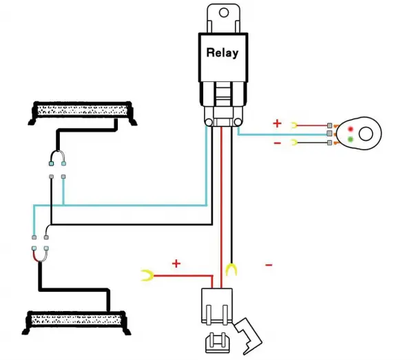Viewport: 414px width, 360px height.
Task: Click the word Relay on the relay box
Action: click(222, 52)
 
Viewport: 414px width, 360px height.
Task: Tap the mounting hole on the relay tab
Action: click(224, 12)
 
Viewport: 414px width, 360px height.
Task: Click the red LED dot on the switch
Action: click(351, 129)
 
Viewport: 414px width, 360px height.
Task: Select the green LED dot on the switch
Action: click(351, 139)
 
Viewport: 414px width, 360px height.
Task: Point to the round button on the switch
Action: click(366, 134)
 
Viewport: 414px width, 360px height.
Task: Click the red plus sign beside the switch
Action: click(277, 123)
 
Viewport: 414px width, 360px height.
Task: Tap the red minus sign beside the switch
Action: click(277, 143)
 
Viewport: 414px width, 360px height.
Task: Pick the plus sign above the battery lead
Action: click(176, 263)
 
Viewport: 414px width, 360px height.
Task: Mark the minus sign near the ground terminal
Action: click(269, 265)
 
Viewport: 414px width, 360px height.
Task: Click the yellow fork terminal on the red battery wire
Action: click(148, 275)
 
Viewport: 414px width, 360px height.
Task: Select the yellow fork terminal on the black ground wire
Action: click(232, 270)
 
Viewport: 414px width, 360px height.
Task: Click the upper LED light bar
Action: click(83, 113)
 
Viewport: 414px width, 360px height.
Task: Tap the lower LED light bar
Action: click(76, 323)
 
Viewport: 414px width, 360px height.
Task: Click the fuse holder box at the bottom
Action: click(217, 306)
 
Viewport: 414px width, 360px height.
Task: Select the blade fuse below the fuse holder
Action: click(217, 343)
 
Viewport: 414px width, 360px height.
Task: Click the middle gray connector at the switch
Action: click(329, 133)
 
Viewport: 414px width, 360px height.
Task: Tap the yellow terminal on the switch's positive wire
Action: click(294, 126)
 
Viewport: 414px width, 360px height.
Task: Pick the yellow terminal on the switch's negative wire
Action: click(294, 143)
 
